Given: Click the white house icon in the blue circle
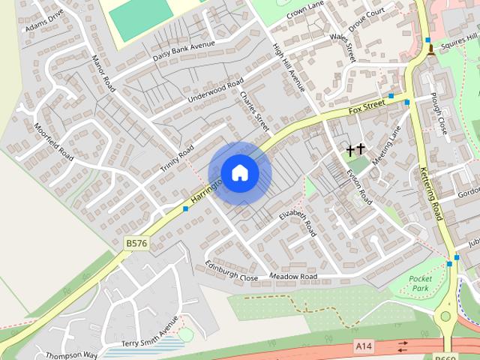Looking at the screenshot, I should [x=240, y=172].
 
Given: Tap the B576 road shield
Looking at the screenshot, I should [x=136, y=243].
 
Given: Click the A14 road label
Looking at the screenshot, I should [x=364, y=346].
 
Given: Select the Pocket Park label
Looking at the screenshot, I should [x=420, y=283].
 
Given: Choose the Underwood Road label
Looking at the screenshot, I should [x=216, y=89].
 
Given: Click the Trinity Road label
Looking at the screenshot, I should [x=177, y=159].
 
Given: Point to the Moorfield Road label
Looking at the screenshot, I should [x=54, y=142].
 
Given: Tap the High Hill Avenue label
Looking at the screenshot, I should [x=289, y=67].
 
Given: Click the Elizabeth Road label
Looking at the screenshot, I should [x=298, y=223].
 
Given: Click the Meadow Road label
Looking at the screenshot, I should [x=293, y=277].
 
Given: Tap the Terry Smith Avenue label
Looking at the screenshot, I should [x=150, y=331].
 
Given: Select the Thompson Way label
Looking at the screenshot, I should [x=71, y=354].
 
